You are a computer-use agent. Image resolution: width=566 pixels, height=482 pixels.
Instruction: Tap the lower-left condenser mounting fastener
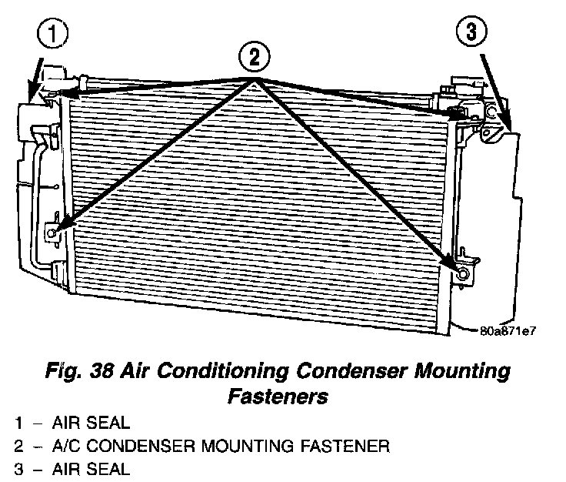pyautogui.click(x=52, y=233)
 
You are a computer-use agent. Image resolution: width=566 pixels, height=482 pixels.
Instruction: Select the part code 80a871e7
pyautogui.click(x=507, y=333)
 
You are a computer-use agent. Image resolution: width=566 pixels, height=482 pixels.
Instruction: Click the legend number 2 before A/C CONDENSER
pyautogui.click(x=18, y=445)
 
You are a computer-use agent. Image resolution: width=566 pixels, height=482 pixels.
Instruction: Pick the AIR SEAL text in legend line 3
pyautogui.click(x=92, y=467)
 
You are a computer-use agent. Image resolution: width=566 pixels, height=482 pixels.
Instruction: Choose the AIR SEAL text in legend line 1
pyautogui.click(x=92, y=422)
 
